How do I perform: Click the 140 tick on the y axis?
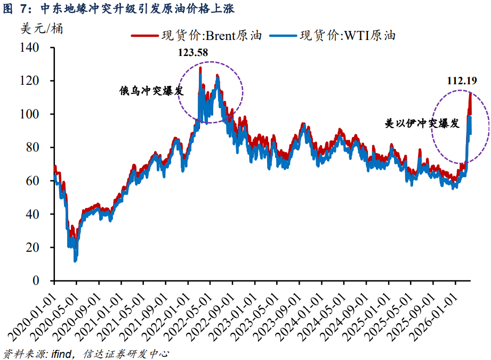pos(30,47)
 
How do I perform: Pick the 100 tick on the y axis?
pos(30,114)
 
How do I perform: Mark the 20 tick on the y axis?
pos(33,247)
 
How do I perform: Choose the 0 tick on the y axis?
pos(36,281)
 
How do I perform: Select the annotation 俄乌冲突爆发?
pos(151,91)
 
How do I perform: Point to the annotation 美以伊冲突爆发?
pos(422,123)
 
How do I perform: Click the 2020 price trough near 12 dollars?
pos(75,260)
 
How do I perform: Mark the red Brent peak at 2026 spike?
pos(470,94)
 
